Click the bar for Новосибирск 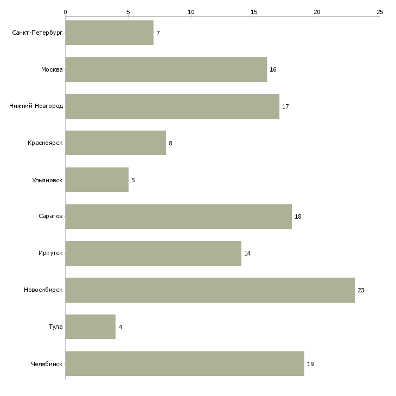[x=210, y=290]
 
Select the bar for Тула [x=91, y=327]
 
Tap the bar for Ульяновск [x=97, y=180]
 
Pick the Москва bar [x=166, y=69]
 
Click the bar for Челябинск [x=184, y=363]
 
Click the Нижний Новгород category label [x=36, y=106]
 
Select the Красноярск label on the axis [x=46, y=143]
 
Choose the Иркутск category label [x=50, y=253]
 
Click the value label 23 [x=361, y=290]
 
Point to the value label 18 [x=298, y=216]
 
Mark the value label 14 [x=247, y=253]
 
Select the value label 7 [x=158, y=33]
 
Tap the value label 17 [x=285, y=106]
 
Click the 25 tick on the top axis [x=380, y=11]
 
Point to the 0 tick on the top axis [x=65, y=11]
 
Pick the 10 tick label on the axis [x=191, y=11]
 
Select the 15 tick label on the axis [x=254, y=11]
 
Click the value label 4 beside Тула [x=120, y=327]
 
